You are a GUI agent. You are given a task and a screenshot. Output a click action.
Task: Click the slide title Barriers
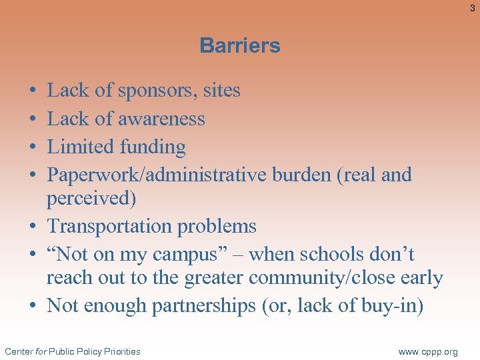tap(240, 45)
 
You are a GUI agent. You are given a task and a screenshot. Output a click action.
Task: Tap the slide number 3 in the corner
tap(472, 8)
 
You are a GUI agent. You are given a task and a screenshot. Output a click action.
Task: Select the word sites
tap(219, 91)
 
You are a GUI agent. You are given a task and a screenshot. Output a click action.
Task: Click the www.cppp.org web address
tap(428, 351)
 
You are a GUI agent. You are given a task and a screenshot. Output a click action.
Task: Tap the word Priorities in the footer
tap(121, 351)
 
